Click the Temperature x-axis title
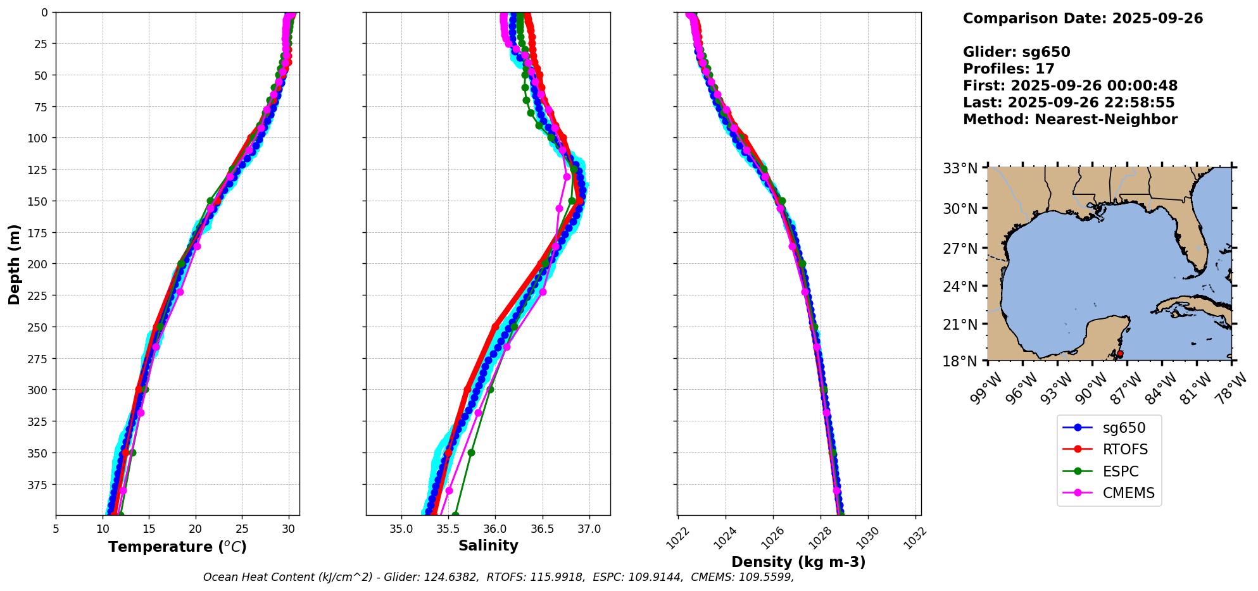pos(177,547)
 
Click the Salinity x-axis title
pos(488,546)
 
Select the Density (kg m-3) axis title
pos(798,562)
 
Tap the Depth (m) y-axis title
pos(15,264)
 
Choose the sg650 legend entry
pos(1124,428)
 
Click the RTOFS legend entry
pos(1125,450)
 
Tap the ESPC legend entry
pos(1121,471)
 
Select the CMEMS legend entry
pos(1128,493)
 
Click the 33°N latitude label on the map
pos(960,168)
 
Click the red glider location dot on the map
pos(1120,354)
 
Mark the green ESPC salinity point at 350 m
pos(471,452)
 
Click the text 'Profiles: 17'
pos(1009,69)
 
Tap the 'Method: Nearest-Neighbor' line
pos(1070,120)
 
